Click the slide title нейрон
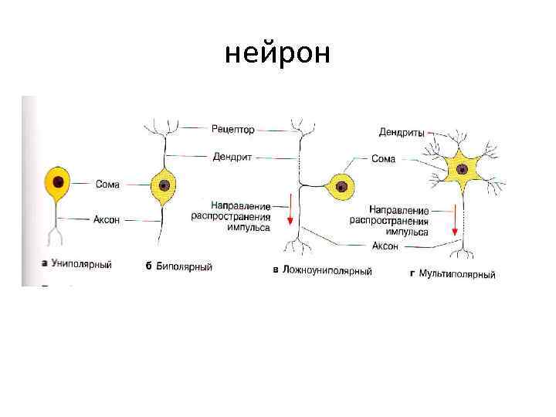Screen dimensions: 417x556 coord(277,54)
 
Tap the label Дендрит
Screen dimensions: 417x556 coord(232,156)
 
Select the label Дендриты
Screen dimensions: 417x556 coord(402,132)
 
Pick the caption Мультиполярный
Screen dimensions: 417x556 coord(456,274)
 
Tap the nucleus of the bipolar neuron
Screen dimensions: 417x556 coord(164,185)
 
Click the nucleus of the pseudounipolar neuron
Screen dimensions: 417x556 coord(341,185)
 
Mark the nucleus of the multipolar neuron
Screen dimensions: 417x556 coord(463,168)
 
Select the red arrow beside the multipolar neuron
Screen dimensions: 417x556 coord(456,221)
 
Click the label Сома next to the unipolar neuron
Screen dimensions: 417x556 coord(107,184)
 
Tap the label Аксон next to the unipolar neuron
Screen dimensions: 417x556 coord(107,219)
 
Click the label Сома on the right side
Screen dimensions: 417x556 coord(383,159)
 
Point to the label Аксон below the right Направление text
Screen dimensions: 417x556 coord(385,246)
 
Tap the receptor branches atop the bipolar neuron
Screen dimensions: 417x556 coord(164,125)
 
